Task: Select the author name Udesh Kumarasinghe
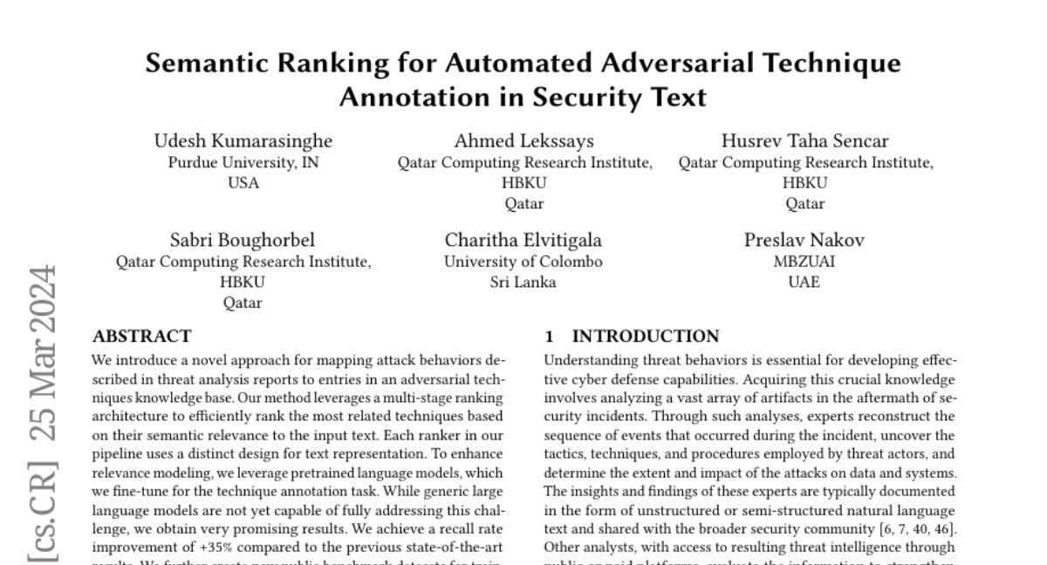pyautogui.click(x=243, y=141)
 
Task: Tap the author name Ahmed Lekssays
pyautogui.click(x=524, y=141)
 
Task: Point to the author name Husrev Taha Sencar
pyautogui.click(x=804, y=141)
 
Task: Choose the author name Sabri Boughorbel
pyautogui.click(x=243, y=241)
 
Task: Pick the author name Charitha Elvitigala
pyautogui.click(x=523, y=241)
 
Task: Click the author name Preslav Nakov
pyautogui.click(x=804, y=241)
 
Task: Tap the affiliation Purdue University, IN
pyautogui.click(x=243, y=162)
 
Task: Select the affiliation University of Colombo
pyautogui.click(x=523, y=262)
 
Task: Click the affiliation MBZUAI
pyautogui.click(x=804, y=262)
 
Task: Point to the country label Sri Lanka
pyautogui.click(x=523, y=282)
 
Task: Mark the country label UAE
pyautogui.click(x=804, y=282)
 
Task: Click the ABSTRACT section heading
pyautogui.click(x=142, y=337)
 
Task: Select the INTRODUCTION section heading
pyautogui.click(x=646, y=337)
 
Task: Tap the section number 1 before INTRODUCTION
pyautogui.click(x=549, y=337)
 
